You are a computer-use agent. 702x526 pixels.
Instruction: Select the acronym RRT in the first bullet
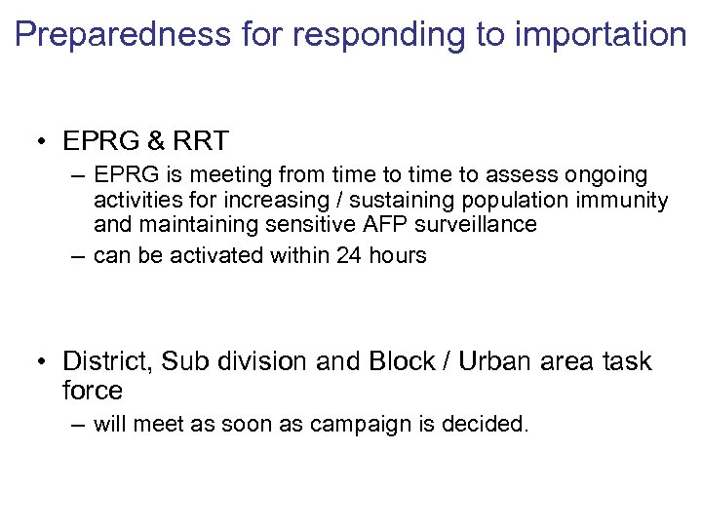[201, 141]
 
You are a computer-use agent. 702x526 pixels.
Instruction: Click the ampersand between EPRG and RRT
[154, 141]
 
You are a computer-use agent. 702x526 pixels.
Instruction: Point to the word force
[93, 391]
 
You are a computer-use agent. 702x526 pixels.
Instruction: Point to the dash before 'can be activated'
[77, 255]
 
